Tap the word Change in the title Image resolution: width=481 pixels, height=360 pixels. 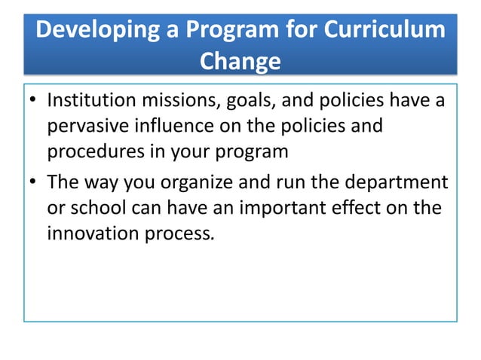(240, 60)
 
